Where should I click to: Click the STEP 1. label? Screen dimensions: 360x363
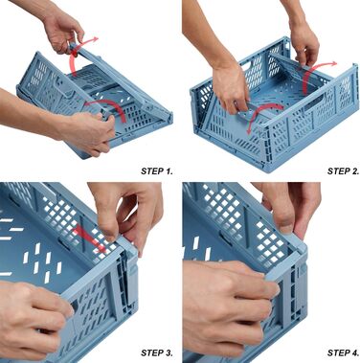click(157, 171)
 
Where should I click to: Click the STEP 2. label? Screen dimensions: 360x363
click(343, 171)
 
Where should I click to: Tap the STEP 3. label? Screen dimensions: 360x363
click(157, 352)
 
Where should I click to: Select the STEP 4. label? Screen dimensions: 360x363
click(343, 352)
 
